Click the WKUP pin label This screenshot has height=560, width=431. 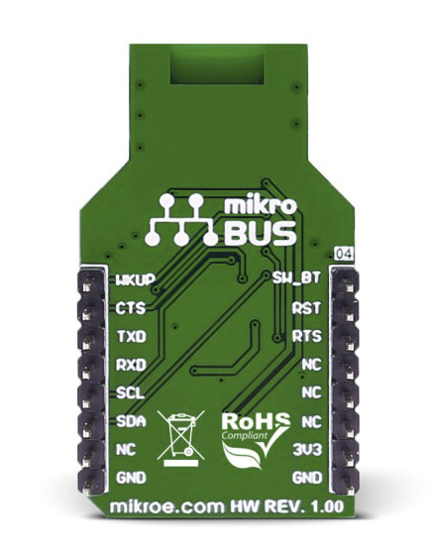[136, 280]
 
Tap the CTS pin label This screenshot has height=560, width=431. [131, 308]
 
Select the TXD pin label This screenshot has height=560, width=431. [132, 336]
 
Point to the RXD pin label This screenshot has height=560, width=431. [131, 365]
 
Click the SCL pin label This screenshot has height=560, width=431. [131, 393]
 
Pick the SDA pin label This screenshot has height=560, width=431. [131, 422]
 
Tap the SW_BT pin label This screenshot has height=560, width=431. [296, 278]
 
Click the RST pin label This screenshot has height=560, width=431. [306, 308]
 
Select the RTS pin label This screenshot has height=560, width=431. [307, 336]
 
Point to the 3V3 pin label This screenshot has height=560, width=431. [307, 450]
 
